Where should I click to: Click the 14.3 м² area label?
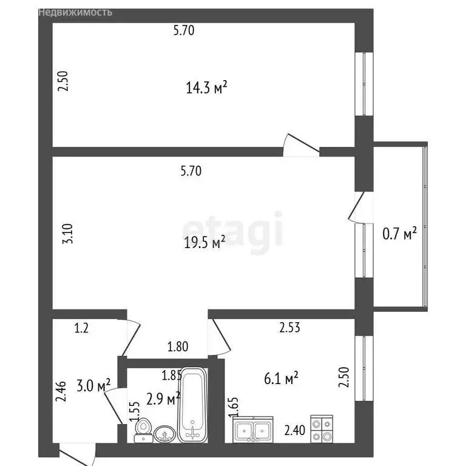pyautogui.click(x=206, y=89)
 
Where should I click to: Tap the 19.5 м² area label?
pyautogui.click(x=204, y=243)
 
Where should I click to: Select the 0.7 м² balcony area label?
pyautogui.click(x=399, y=232)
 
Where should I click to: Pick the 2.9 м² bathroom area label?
pyautogui.click(x=163, y=399)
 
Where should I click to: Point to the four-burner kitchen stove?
pyautogui.click(x=322, y=429)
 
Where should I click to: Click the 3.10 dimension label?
pyautogui.click(x=68, y=234)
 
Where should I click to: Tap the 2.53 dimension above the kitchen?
pyautogui.click(x=290, y=328)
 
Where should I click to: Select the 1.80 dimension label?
pyautogui.click(x=178, y=348)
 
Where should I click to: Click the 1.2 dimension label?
pyautogui.click(x=81, y=329)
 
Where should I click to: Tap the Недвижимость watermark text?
pyautogui.click(x=75, y=12)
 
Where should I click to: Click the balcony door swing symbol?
pyautogui.click(x=357, y=206)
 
